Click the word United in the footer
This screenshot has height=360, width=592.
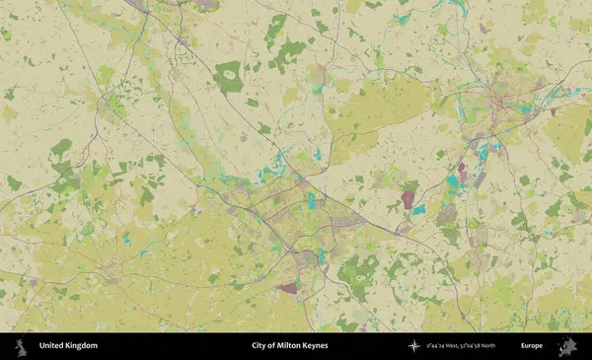pyautogui.click(x=52, y=346)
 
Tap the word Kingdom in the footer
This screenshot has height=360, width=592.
pyautogui.click(x=81, y=346)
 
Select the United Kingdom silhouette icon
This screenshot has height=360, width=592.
pyautogui.click(x=19, y=346)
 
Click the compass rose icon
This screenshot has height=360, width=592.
pyautogui.click(x=414, y=346)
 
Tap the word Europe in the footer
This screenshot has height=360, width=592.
pyautogui.click(x=532, y=346)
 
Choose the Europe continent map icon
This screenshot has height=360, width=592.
pyautogui.click(x=567, y=346)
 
